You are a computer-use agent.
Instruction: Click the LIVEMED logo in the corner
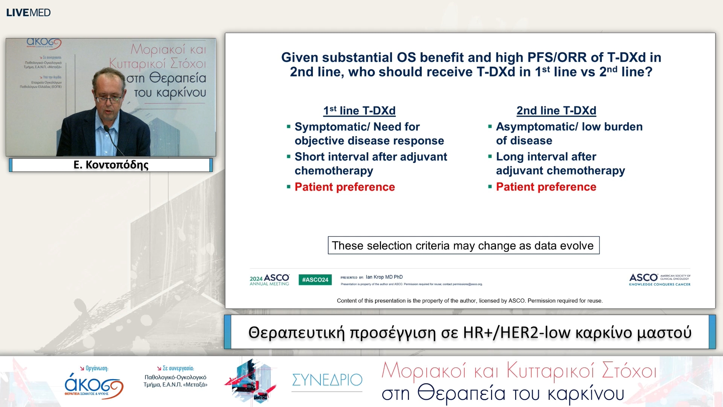(28, 12)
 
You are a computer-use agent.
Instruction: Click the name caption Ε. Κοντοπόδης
(111, 165)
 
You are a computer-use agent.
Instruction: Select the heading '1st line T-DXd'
(359, 110)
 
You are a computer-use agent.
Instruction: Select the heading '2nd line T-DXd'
(556, 110)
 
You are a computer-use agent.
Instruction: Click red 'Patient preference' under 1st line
(345, 187)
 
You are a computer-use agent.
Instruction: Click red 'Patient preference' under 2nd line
(546, 187)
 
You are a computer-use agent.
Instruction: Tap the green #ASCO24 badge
(315, 280)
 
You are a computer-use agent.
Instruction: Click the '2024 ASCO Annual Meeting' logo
(269, 280)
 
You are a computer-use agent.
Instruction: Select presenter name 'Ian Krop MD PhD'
(384, 277)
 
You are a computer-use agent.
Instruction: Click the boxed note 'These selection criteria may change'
(463, 245)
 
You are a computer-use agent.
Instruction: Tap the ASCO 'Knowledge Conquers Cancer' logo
(659, 280)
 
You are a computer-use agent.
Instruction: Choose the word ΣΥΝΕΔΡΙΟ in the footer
(327, 380)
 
